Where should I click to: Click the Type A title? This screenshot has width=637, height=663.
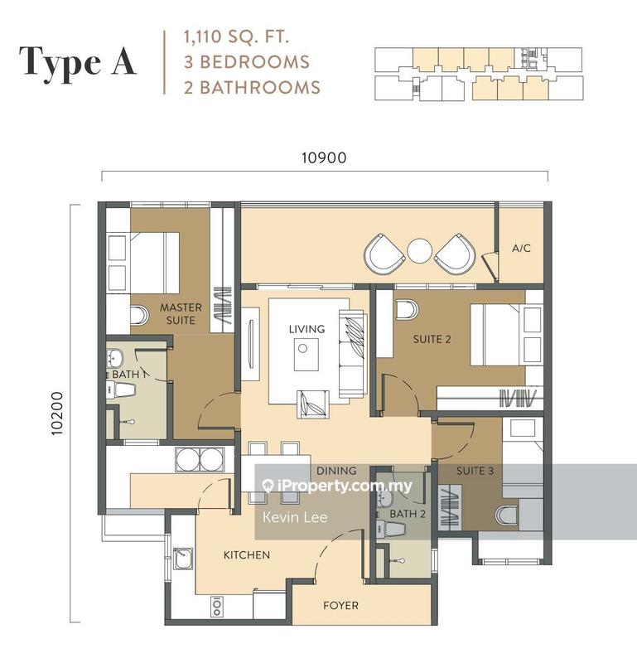point(78,62)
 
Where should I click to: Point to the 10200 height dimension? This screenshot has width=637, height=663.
point(57,412)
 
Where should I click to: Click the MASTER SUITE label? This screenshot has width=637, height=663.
point(177,314)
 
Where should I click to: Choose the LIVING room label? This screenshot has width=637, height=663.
point(306,329)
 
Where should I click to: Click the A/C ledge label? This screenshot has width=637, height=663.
point(521,248)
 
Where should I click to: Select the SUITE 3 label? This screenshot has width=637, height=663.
point(475,471)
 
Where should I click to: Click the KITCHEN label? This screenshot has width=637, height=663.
point(246,554)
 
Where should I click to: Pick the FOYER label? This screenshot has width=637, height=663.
point(340,606)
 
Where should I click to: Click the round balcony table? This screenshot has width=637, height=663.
point(420,250)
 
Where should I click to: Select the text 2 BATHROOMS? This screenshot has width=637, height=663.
point(241,86)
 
